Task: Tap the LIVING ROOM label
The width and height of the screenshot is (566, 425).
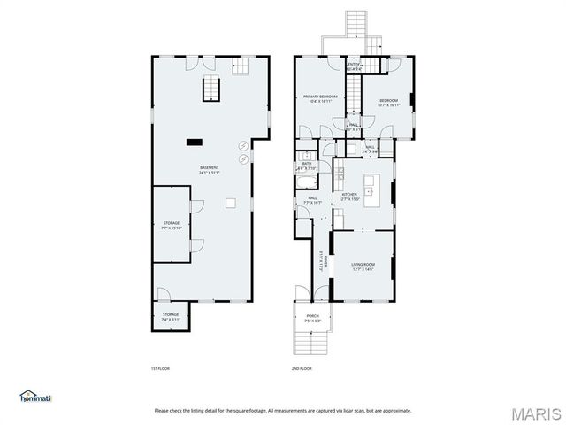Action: point(363,267)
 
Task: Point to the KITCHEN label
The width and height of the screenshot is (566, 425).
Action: point(349,196)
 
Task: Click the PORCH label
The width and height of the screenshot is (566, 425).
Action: point(313,318)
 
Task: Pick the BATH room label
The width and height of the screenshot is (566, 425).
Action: point(306,166)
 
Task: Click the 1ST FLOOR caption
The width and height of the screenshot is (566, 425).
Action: point(159,368)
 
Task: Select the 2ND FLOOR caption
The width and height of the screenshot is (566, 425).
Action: point(302,368)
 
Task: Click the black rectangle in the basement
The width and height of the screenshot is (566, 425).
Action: point(194,141)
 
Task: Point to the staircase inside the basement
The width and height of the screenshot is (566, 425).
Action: point(212,89)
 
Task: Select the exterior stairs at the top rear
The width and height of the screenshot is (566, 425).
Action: point(356,24)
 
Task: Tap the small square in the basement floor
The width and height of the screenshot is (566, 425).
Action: point(230,204)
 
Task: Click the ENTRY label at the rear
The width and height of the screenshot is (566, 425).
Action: point(353,66)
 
